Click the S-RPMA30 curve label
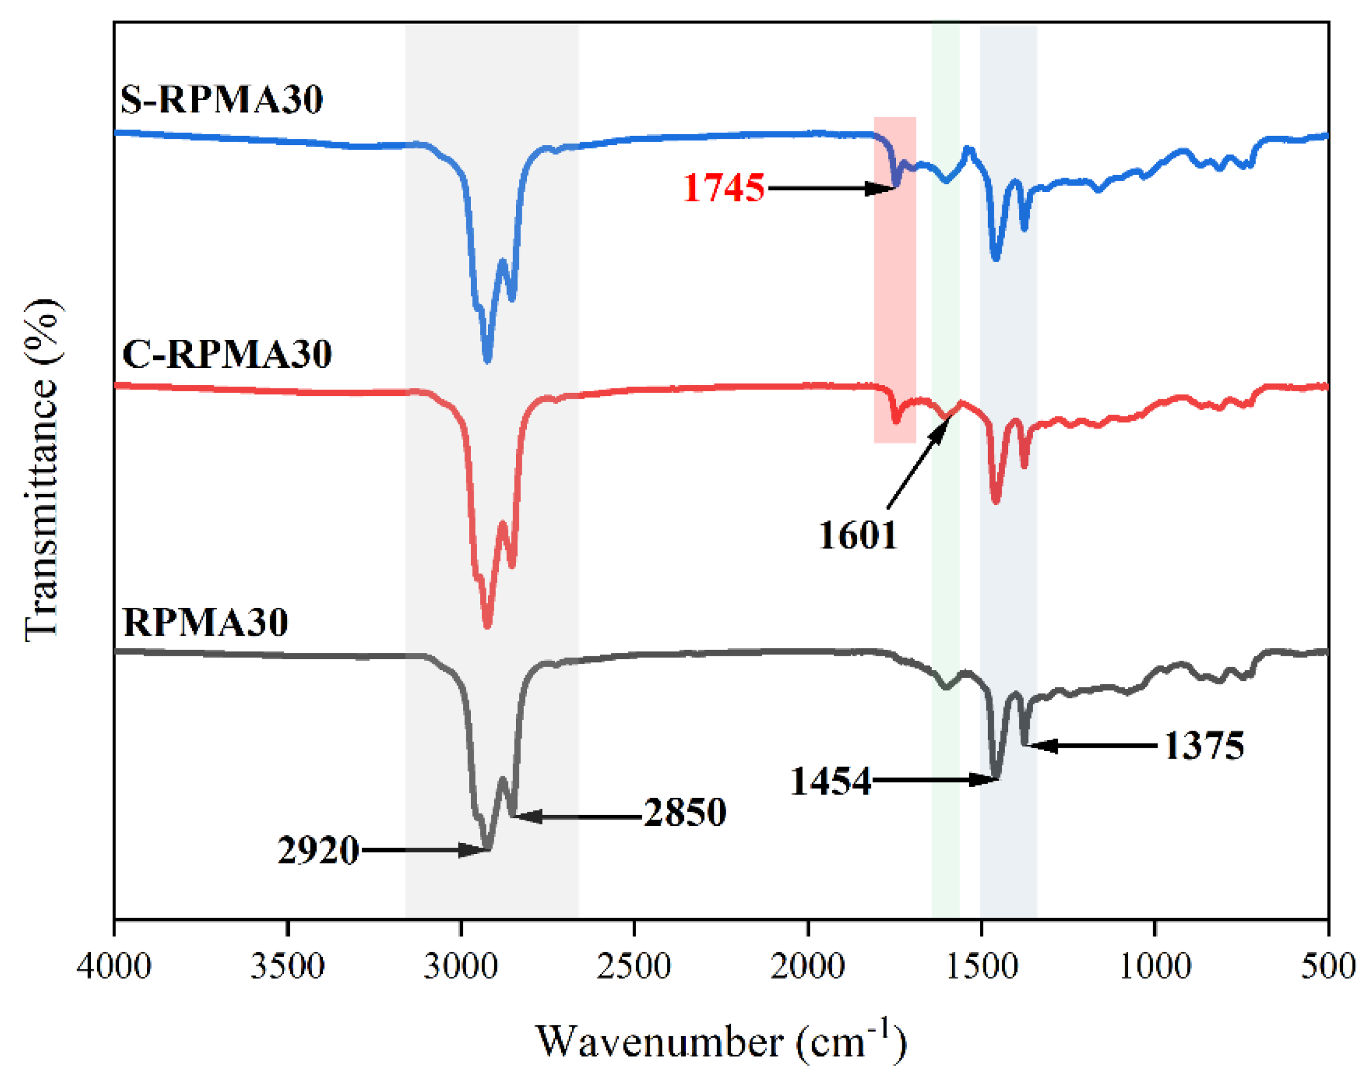[x=221, y=99]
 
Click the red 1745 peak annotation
[x=723, y=188]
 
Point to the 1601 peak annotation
[x=858, y=535]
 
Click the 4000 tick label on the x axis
[x=114, y=967]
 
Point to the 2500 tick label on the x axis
[x=634, y=967]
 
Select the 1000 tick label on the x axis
[x=1154, y=967]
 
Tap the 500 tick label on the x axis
[x=1328, y=967]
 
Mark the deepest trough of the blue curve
[x=487, y=359]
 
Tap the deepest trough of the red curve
[x=487, y=625]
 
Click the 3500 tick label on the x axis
[x=287, y=967]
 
